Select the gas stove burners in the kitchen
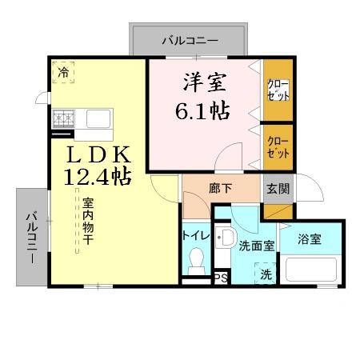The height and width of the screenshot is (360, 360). click(x=64, y=119)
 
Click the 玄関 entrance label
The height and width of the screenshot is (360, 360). click(x=278, y=190)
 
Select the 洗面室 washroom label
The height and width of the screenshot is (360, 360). click(x=257, y=246)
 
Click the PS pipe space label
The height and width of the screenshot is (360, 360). click(x=219, y=279)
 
